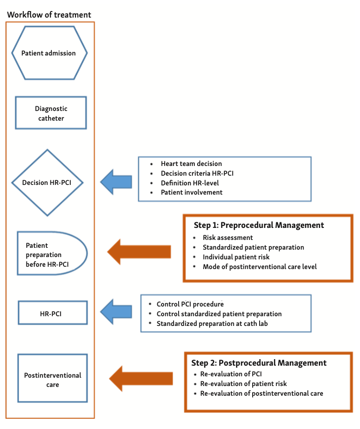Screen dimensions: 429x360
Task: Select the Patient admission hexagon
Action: click(x=49, y=53)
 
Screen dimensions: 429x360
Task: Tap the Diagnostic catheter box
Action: click(x=51, y=113)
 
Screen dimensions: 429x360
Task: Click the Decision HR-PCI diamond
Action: click(x=47, y=183)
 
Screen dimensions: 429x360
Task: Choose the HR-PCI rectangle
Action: click(x=52, y=313)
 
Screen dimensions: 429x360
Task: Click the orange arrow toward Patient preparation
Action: click(x=139, y=252)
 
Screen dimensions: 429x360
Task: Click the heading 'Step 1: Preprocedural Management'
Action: click(x=259, y=225)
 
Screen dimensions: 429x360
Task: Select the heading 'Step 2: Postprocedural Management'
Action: click(x=259, y=363)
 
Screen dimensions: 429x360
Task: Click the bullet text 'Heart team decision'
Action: click(x=191, y=164)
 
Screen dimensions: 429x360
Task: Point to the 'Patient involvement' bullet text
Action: click(x=192, y=192)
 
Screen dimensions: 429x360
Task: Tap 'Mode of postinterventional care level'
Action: click(x=260, y=267)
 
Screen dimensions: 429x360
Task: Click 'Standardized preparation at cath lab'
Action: click(x=212, y=324)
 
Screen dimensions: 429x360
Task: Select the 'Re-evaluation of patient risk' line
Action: click(x=243, y=384)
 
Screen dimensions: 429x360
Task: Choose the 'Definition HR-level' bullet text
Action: click(x=190, y=183)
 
